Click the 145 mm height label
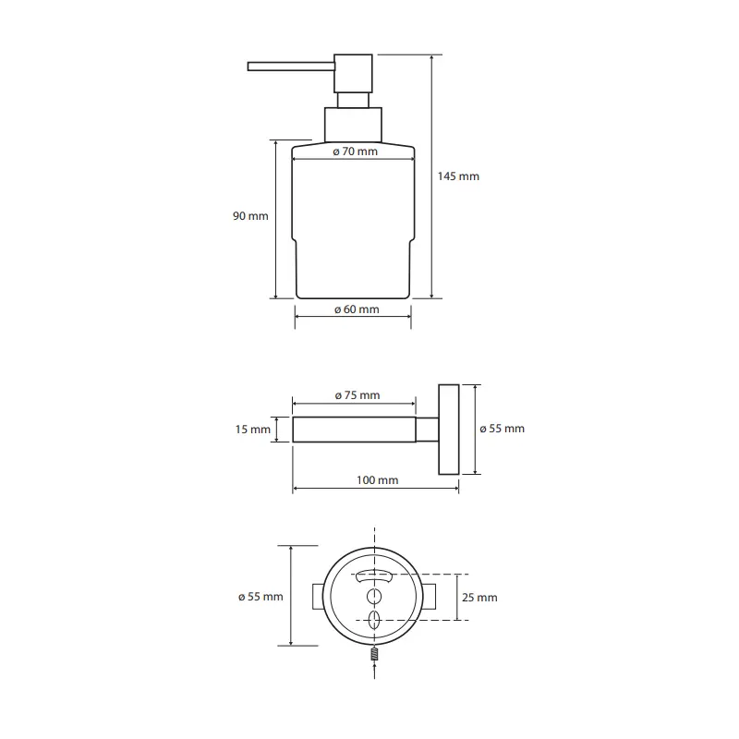coord(458,176)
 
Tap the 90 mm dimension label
coord(250,216)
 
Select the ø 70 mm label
coord(355,151)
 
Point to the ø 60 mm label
coord(357,309)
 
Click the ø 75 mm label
coord(357,395)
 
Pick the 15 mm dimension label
coord(252,430)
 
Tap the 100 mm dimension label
coord(377,480)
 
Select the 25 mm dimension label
coord(479,598)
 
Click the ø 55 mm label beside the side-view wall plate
coord(502,429)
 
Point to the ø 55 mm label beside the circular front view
coord(260,597)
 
